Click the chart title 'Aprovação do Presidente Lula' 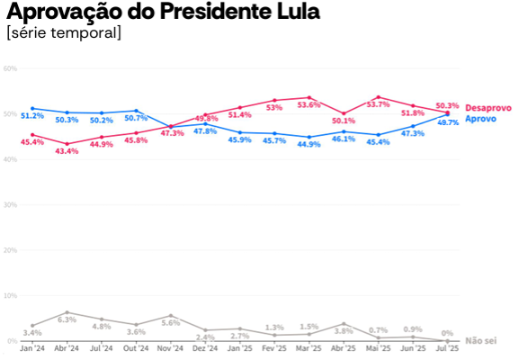click(x=162, y=13)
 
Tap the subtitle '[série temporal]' click(x=63, y=33)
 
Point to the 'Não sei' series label click(x=481, y=341)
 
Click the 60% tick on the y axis click(x=10, y=68)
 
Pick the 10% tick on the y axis click(x=10, y=295)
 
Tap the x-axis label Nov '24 click(x=171, y=347)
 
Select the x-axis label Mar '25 click(x=309, y=347)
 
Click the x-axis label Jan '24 click(x=32, y=347)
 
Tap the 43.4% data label click(x=67, y=151)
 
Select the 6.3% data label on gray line click(x=67, y=319)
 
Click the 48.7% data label click(x=448, y=122)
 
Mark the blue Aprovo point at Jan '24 click(x=32, y=108)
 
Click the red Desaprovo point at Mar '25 click(x=309, y=97)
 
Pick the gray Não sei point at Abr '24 click(x=67, y=312)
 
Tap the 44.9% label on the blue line click(x=309, y=144)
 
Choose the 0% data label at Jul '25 click(x=447, y=333)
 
